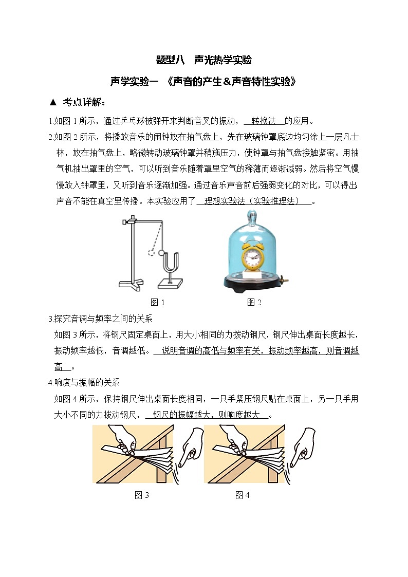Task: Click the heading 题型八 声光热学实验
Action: pos(204,60)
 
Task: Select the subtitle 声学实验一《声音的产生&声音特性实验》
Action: pos(204,81)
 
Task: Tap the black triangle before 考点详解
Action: pos(52,102)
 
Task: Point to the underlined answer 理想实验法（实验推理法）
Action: pos(254,201)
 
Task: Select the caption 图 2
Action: pos(254,302)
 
